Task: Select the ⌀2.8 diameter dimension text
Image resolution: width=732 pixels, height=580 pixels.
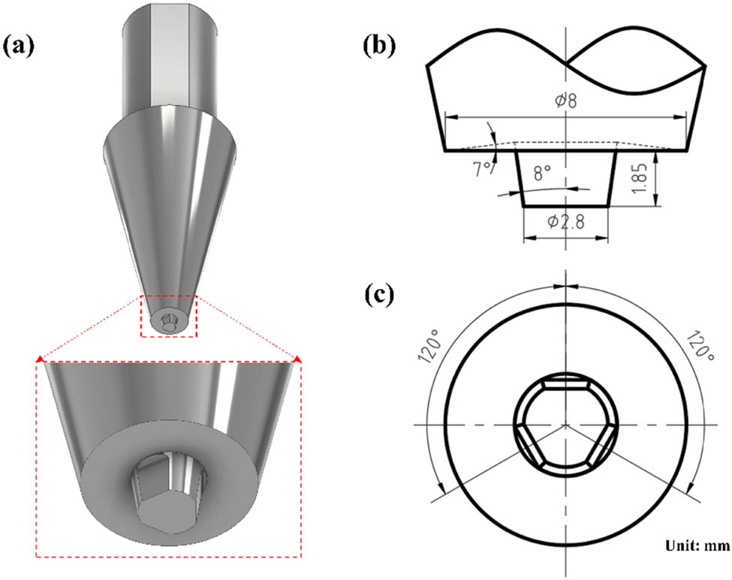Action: point(565,223)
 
